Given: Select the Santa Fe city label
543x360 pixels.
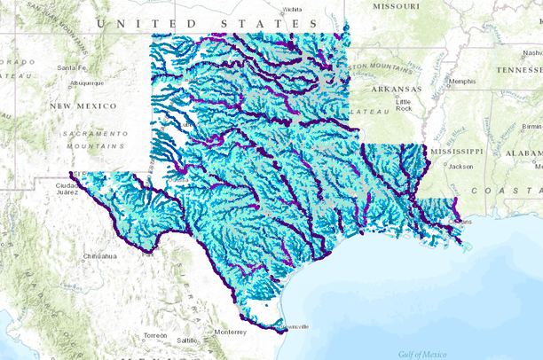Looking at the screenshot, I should pyautogui.click(x=70, y=67).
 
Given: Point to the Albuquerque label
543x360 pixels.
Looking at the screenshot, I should pyautogui.click(x=86, y=83).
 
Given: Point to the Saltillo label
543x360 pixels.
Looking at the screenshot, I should pyautogui.click(x=186, y=340).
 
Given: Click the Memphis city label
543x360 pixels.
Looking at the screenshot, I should pyautogui.click(x=462, y=82).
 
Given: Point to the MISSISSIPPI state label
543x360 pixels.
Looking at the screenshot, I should pyautogui.click(x=456, y=151).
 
